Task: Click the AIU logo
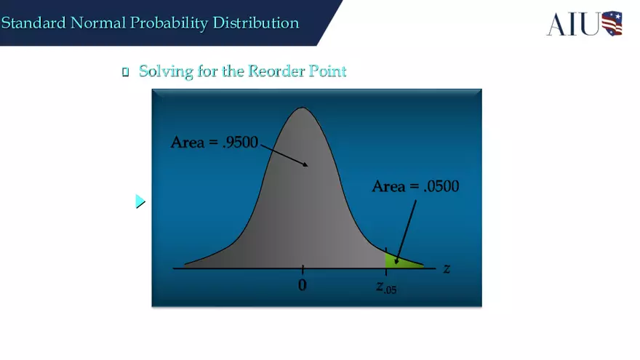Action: (x=585, y=23)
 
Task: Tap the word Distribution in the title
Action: (x=255, y=23)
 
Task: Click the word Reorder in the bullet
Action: (x=276, y=71)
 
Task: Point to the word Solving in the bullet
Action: (x=164, y=71)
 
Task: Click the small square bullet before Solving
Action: (x=125, y=72)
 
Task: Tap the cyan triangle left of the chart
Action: (x=140, y=201)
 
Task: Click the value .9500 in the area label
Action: (x=239, y=143)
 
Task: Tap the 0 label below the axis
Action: (x=303, y=285)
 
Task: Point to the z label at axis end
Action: (x=447, y=268)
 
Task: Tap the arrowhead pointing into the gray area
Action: (x=306, y=165)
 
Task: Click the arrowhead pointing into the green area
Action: (x=396, y=260)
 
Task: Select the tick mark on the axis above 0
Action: (x=303, y=269)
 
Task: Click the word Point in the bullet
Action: (x=327, y=71)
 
